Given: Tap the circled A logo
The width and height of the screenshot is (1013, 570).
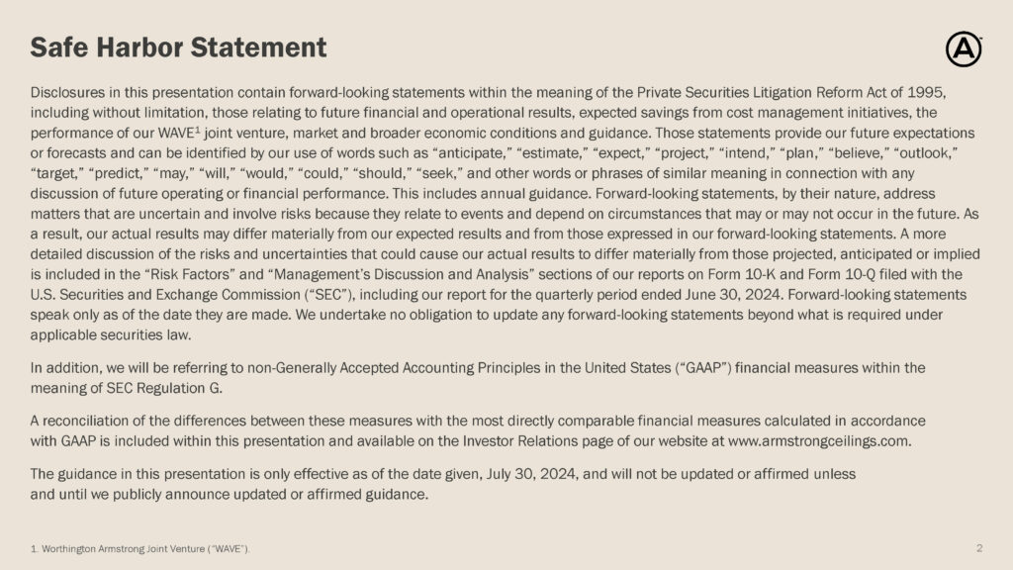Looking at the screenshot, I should coord(964,48).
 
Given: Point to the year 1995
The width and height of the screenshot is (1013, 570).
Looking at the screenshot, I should coord(926,93).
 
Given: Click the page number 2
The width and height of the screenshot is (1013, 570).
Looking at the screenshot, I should coord(979,547).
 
